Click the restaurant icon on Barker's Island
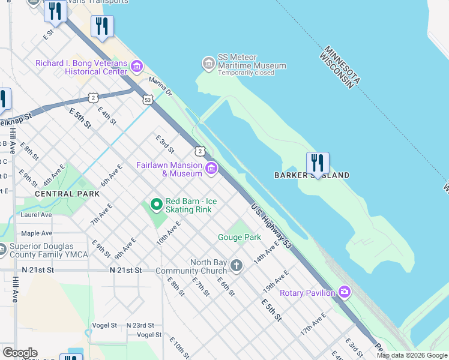[318, 163]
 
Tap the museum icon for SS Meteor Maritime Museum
[208, 63]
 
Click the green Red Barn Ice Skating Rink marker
[157, 205]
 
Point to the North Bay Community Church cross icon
[237, 266]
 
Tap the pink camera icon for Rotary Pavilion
[344, 293]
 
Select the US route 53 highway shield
[148, 100]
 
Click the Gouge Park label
[239, 237]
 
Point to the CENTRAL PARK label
[67, 194]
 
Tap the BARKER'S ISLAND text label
[312, 175]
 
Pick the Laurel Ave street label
[37, 214]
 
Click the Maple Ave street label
[37, 233]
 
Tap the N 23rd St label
[140, 325]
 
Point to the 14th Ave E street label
[267, 251]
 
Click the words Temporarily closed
[246, 73]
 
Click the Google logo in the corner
[20, 353]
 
